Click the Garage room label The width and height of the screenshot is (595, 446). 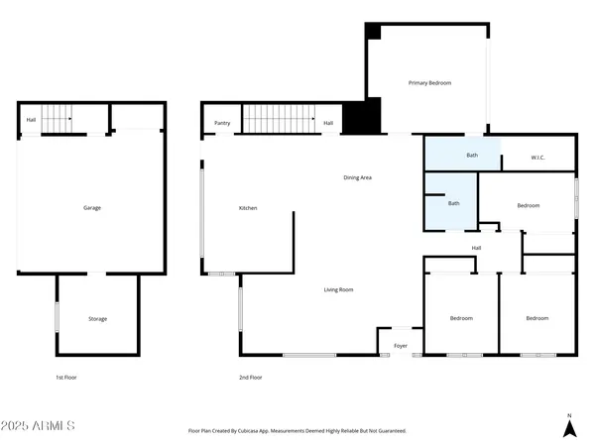pos(92,208)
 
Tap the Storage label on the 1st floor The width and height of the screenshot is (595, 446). pos(97,319)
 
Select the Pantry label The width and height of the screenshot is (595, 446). pos(222,123)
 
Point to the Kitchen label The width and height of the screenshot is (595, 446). pos(248,208)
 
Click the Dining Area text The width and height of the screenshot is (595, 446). pos(357,177)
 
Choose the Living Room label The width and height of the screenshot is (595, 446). pos(338,290)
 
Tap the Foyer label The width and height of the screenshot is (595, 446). pos(401,346)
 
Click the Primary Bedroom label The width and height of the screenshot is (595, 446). pos(429,83)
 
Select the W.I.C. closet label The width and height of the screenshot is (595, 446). pos(538,157)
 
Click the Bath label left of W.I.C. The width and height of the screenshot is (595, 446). pos(473,156)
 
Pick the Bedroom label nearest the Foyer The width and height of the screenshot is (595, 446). pos(461,318)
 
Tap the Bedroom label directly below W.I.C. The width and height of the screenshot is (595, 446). pos(528,205)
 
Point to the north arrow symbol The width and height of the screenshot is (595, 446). pos(569,427)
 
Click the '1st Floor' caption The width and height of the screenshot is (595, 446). pos(66,378)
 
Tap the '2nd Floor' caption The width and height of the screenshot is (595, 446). pos(250,378)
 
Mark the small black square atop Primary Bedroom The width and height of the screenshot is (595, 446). pos(372,31)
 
